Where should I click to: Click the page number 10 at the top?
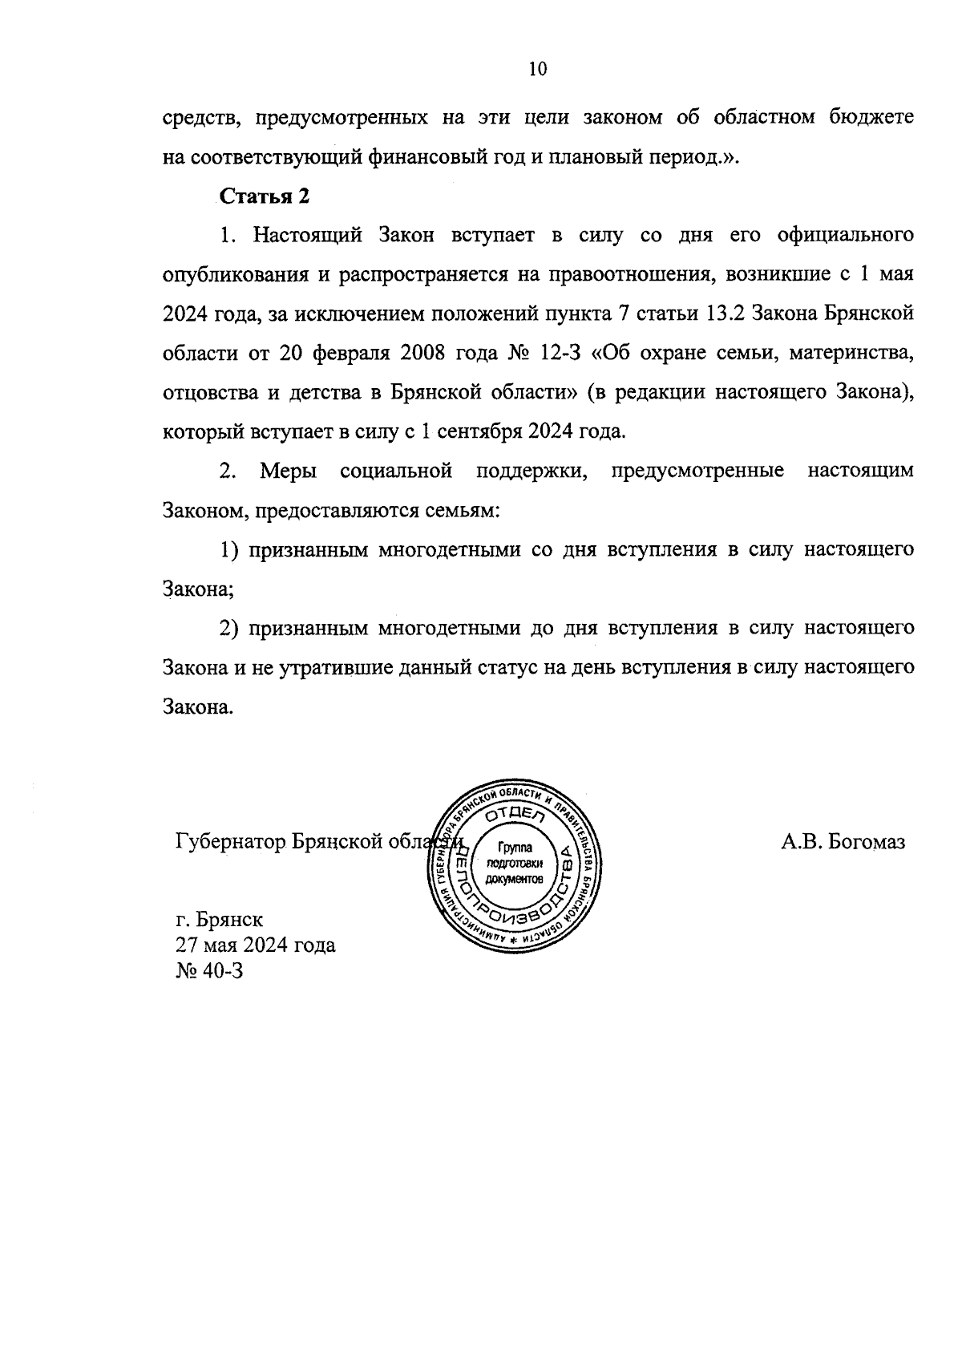(x=537, y=69)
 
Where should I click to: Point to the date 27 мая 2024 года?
(x=256, y=945)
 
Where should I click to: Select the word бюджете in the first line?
(x=875, y=118)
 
